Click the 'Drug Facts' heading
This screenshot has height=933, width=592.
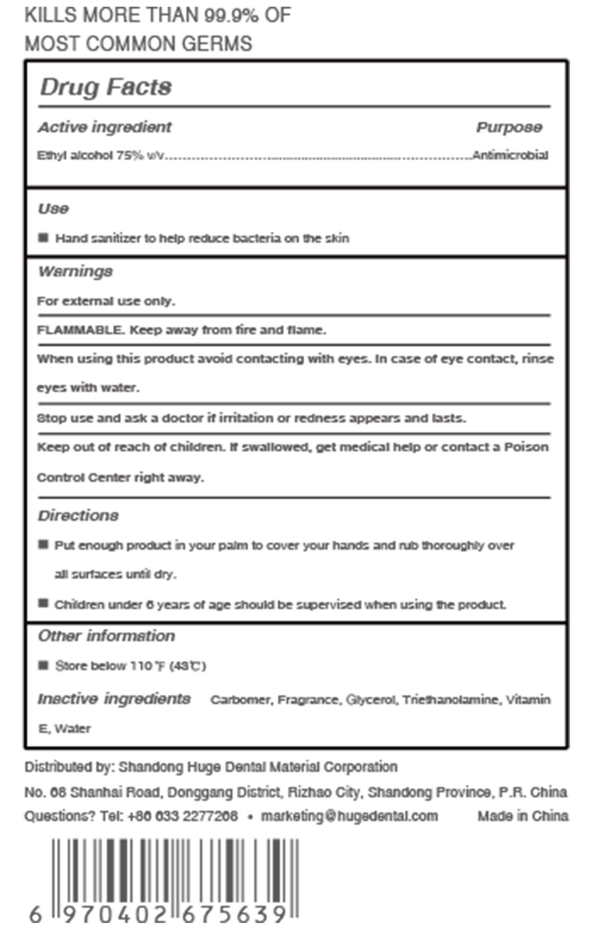pos(106,87)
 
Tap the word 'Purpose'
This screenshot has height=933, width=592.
pos(509,127)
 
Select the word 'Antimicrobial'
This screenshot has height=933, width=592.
pos(510,155)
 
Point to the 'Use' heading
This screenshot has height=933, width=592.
pos(53,209)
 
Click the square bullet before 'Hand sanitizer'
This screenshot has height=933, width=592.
pos(43,238)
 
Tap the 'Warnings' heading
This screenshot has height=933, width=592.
pos(76,271)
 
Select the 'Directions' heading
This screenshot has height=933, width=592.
pos(78,516)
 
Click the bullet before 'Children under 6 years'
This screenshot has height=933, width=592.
pos(43,603)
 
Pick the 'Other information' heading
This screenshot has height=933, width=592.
pos(107,636)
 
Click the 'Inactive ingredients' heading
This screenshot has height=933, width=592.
pos(114,699)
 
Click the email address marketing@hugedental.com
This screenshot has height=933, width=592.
pos(349,816)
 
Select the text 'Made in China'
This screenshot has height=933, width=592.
pos(523,816)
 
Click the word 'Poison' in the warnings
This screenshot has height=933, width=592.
pos(526,447)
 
